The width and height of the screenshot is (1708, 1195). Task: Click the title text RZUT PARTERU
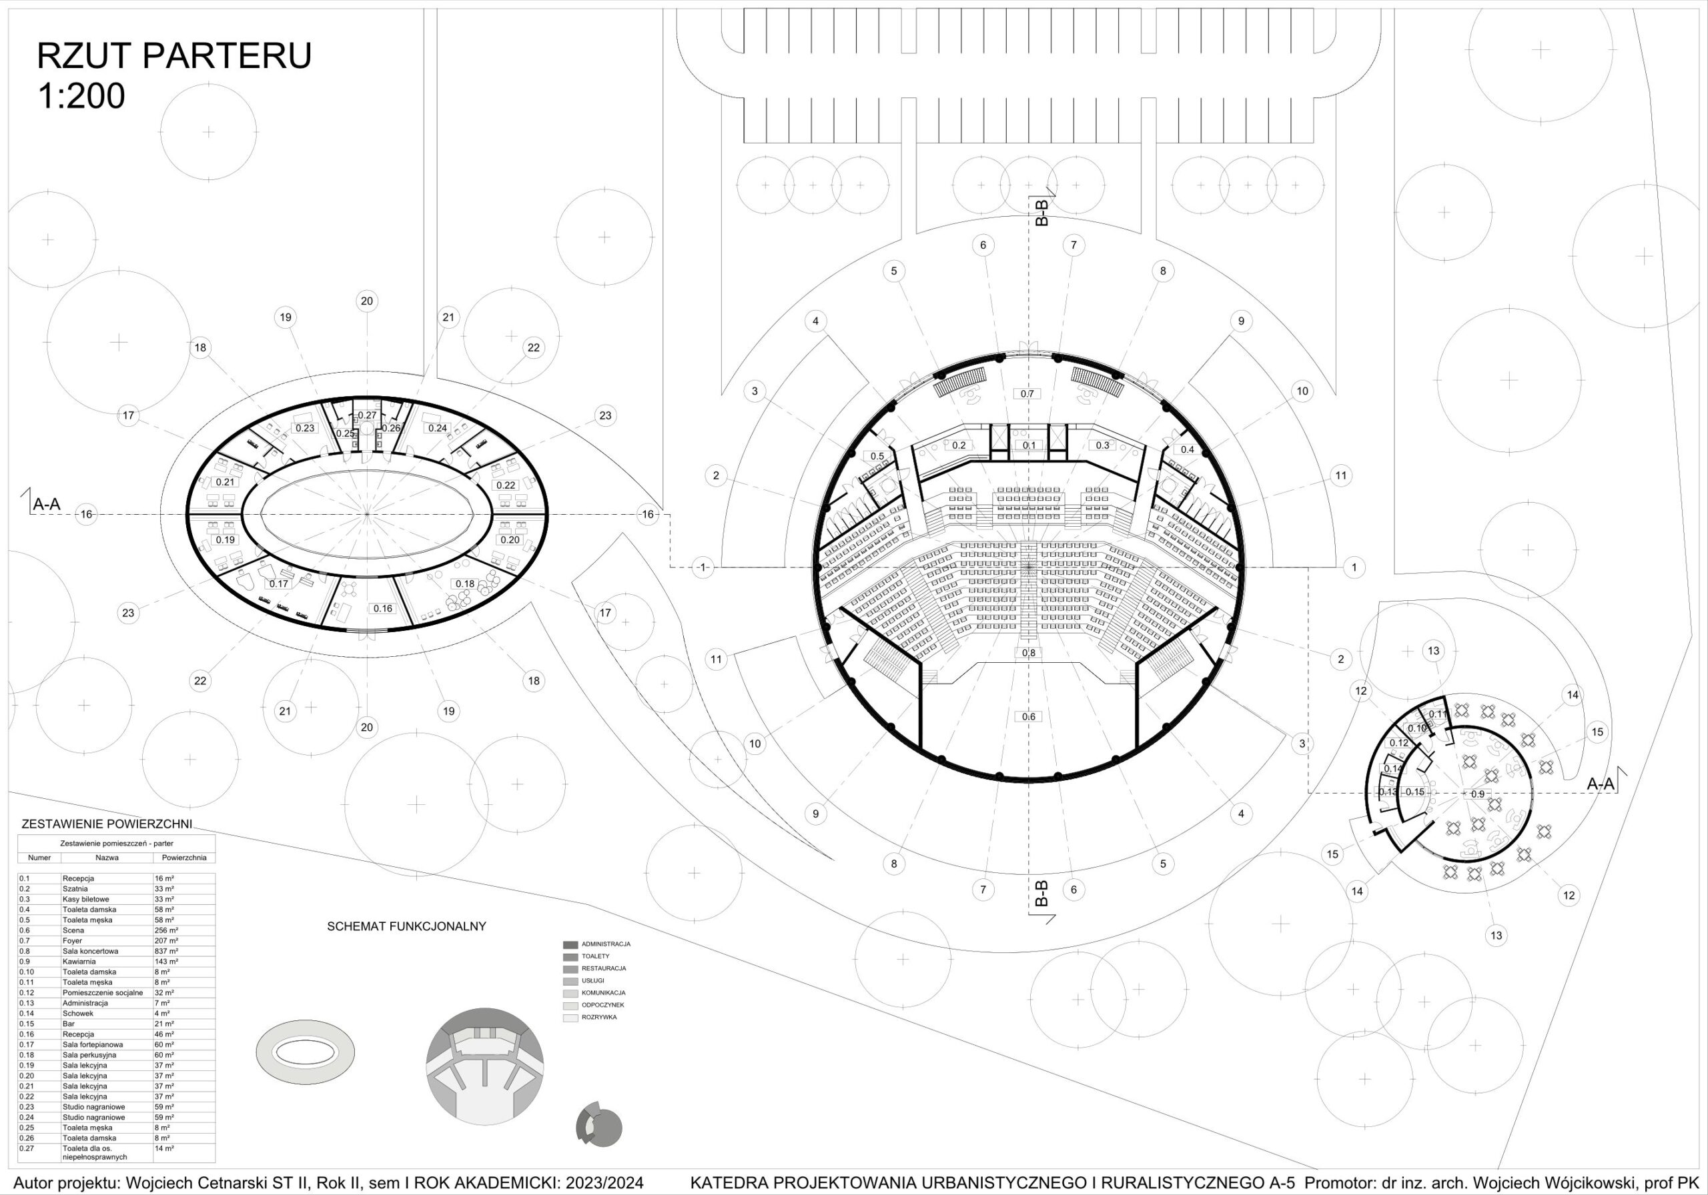(x=174, y=56)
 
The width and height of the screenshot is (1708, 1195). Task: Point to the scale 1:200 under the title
(x=81, y=97)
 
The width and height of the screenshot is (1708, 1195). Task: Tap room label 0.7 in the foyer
(x=1027, y=393)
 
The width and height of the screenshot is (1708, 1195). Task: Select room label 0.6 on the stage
(x=1028, y=717)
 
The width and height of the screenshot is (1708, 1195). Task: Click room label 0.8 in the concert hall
(x=1028, y=653)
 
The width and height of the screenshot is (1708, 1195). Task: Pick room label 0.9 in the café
(x=1476, y=794)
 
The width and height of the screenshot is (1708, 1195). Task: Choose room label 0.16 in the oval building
(x=382, y=608)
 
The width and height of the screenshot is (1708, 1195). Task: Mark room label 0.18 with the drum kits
(x=465, y=583)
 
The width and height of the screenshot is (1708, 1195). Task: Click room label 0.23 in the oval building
(x=305, y=428)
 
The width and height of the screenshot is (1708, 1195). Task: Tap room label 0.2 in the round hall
(x=959, y=445)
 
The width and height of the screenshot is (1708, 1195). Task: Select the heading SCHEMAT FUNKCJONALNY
(x=406, y=926)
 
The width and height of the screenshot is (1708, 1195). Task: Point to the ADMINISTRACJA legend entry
(x=606, y=944)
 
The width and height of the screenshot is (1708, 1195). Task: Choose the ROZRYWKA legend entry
(x=599, y=1017)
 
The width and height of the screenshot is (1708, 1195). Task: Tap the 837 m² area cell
(x=166, y=951)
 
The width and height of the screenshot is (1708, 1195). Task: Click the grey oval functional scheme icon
(x=305, y=1054)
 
